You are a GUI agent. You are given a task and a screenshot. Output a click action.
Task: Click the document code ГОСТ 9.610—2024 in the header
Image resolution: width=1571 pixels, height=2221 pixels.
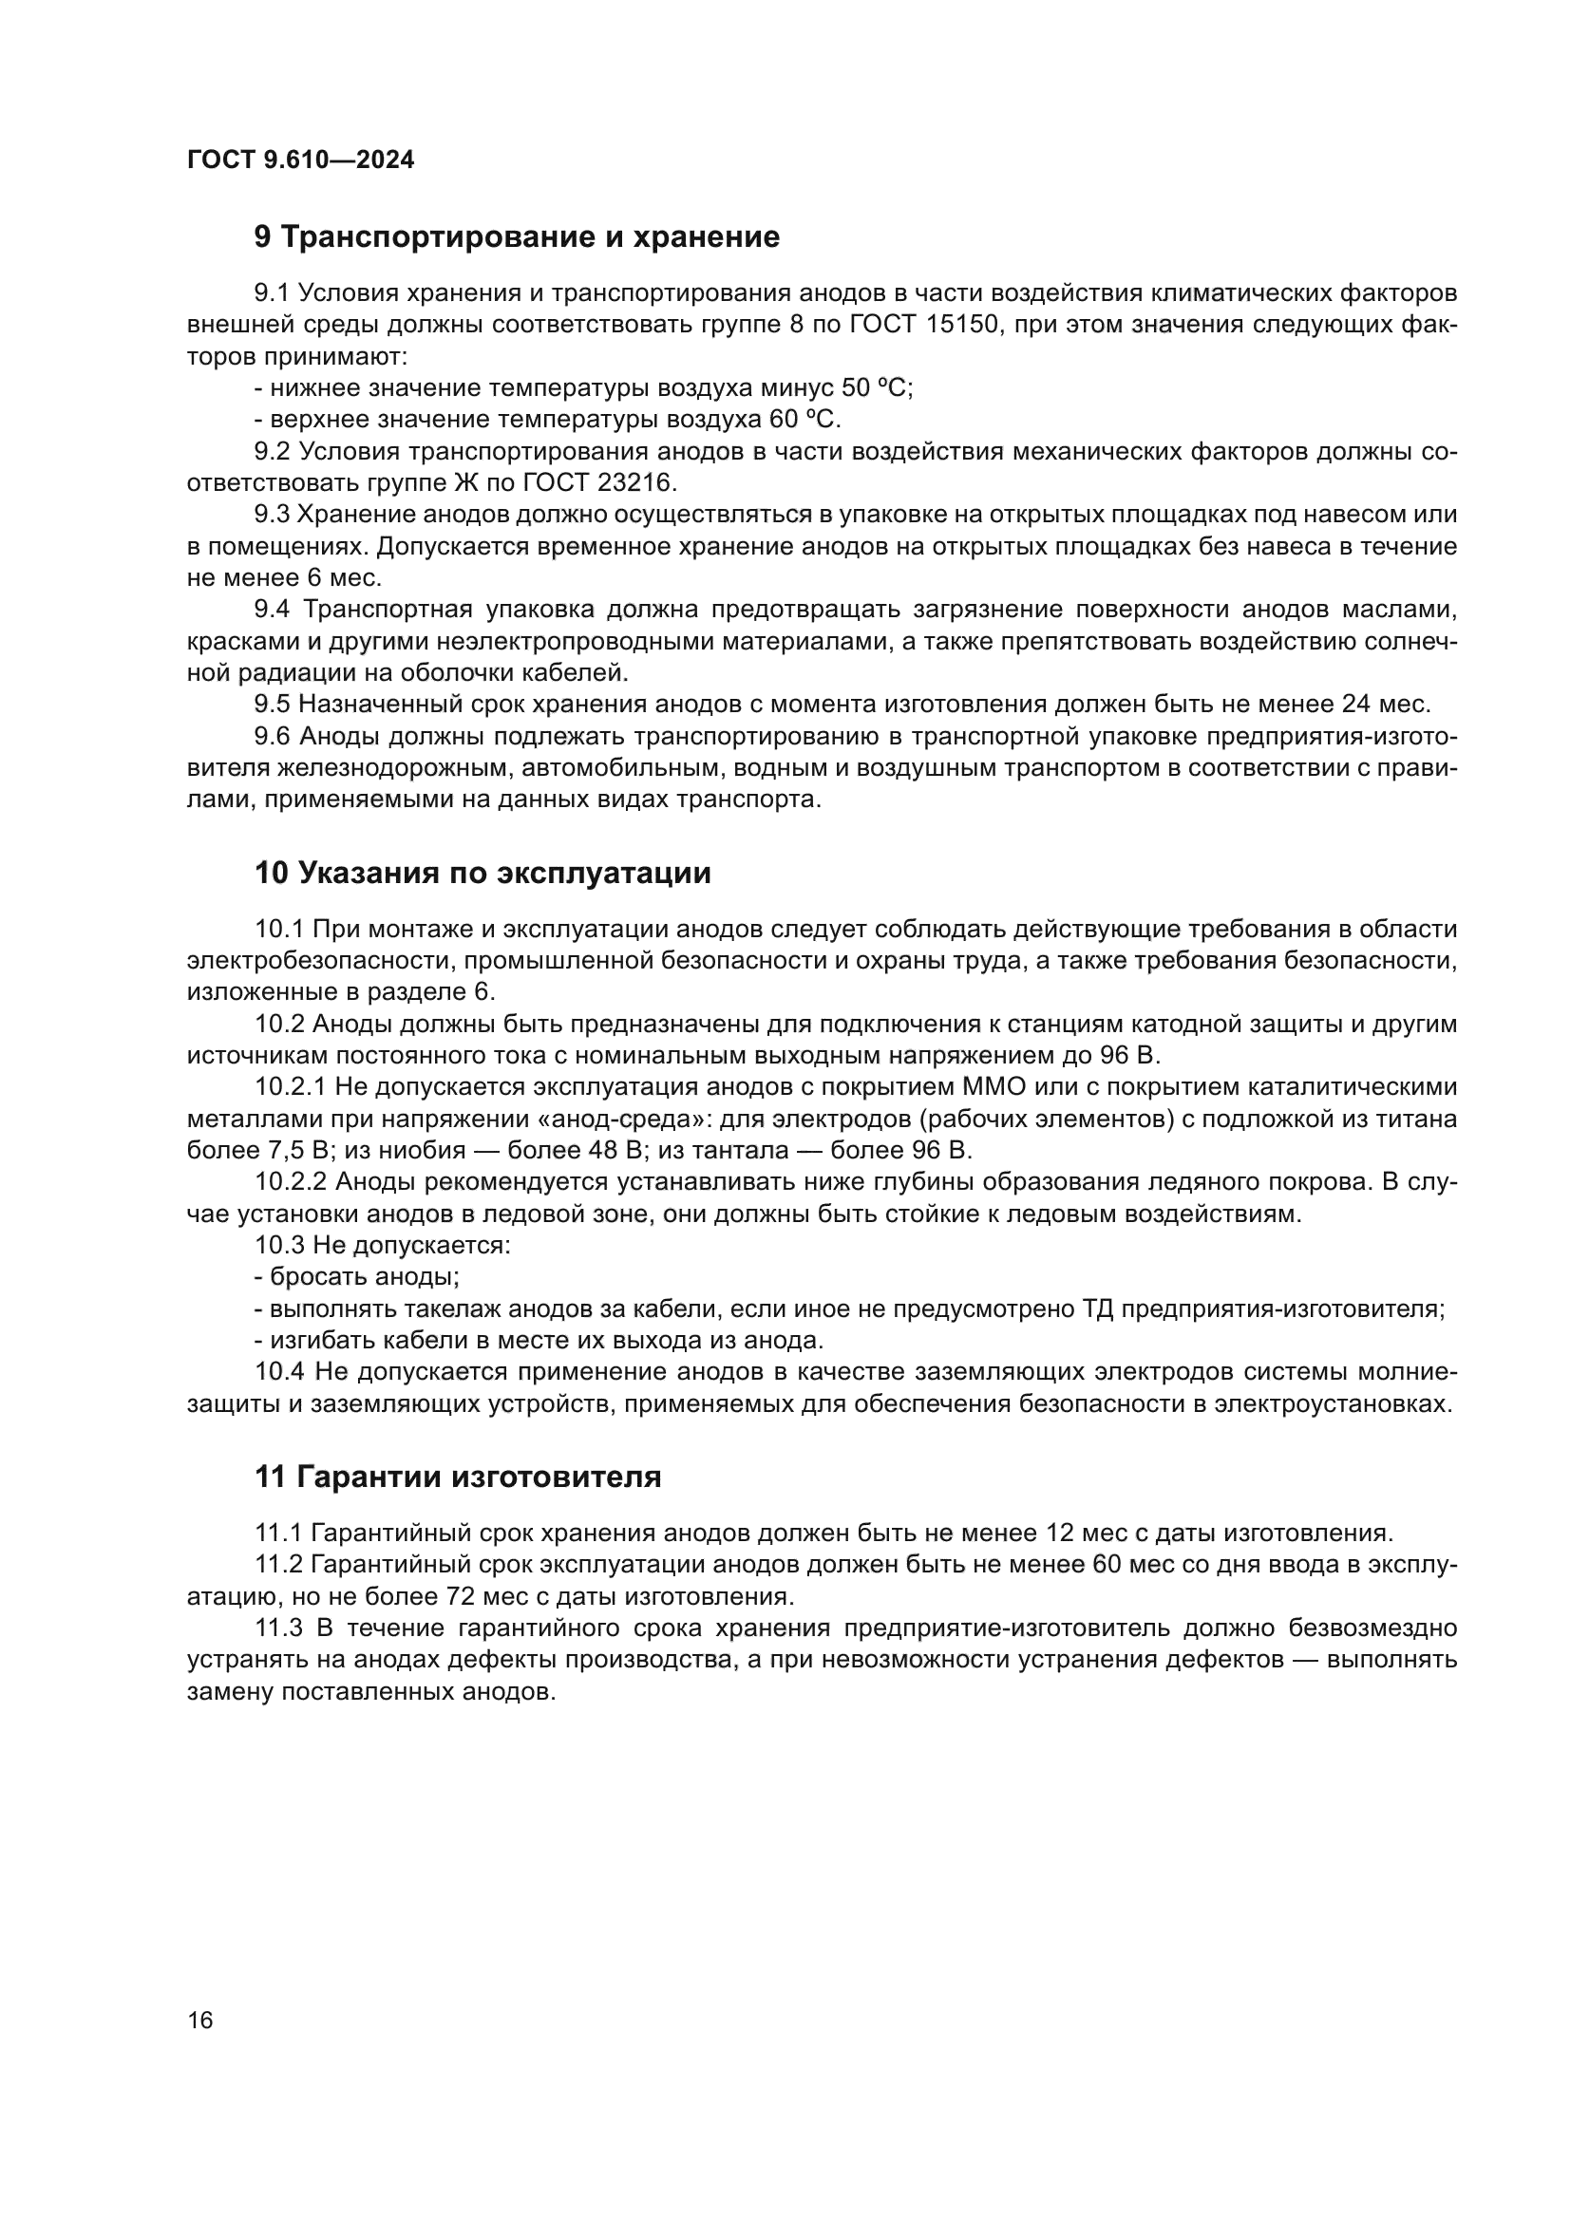pyautogui.click(x=300, y=160)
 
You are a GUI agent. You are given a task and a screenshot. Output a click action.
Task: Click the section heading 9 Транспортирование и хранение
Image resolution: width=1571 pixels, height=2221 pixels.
pyautogui.click(x=517, y=237)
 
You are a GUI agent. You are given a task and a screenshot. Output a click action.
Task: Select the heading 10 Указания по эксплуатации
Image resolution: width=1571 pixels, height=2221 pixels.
pyautogui.click(x=483, y=873)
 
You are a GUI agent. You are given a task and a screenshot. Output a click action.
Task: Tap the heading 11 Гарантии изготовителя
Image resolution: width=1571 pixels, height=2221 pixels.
pyautogui.click(x=458, y=1478)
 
